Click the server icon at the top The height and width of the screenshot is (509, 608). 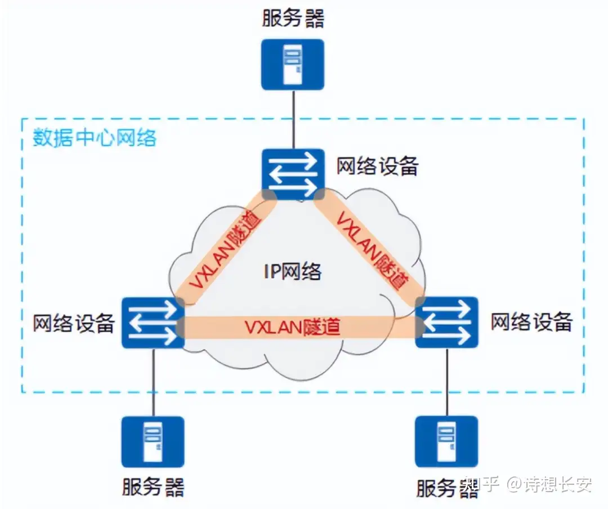pos(293,64)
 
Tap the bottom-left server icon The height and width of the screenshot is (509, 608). pos(153,442)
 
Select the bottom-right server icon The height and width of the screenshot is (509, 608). pos(446,442)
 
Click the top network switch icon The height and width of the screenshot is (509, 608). pos(293,174)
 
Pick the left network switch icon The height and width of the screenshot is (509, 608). pos(153,323)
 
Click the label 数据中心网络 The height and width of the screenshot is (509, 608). pos(94,138)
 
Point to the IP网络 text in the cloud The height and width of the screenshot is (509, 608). pos(292,271)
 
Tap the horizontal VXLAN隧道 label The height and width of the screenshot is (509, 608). pos(293,327)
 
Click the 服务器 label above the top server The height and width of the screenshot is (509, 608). pos(293,18)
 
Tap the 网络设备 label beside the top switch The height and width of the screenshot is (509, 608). pos(377,166)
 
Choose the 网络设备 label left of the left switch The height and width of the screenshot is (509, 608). pos(74,323)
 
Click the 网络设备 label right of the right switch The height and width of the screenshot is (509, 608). pos(531,323)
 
